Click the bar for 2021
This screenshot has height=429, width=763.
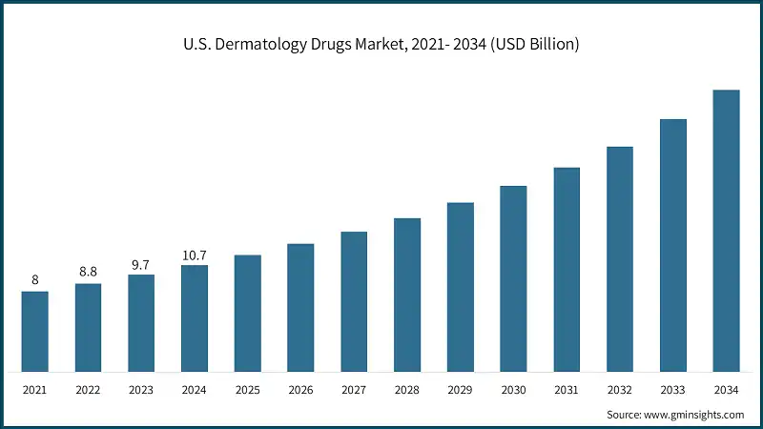click(x=35, y=331)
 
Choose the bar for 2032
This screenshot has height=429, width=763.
click(x=620, y=258)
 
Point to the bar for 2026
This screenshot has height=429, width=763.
click(x=301, y=307)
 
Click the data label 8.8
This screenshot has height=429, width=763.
click(x=89, y=272)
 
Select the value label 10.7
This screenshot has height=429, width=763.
click(x=195, y=255)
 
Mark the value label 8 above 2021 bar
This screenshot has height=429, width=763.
click(x=35, y=279)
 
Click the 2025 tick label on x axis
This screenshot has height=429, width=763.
click(x=248, y=389)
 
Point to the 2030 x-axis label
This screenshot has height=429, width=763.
click(x=514, y=389)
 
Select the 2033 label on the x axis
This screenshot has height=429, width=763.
click(x=673, y=389)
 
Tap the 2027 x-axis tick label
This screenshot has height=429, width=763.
click(x=354, y=389)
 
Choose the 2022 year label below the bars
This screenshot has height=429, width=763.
click(x=89, y=389)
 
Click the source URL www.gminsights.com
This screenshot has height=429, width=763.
click(x=695, y=415)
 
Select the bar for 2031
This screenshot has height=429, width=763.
click(x=567, y=269)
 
